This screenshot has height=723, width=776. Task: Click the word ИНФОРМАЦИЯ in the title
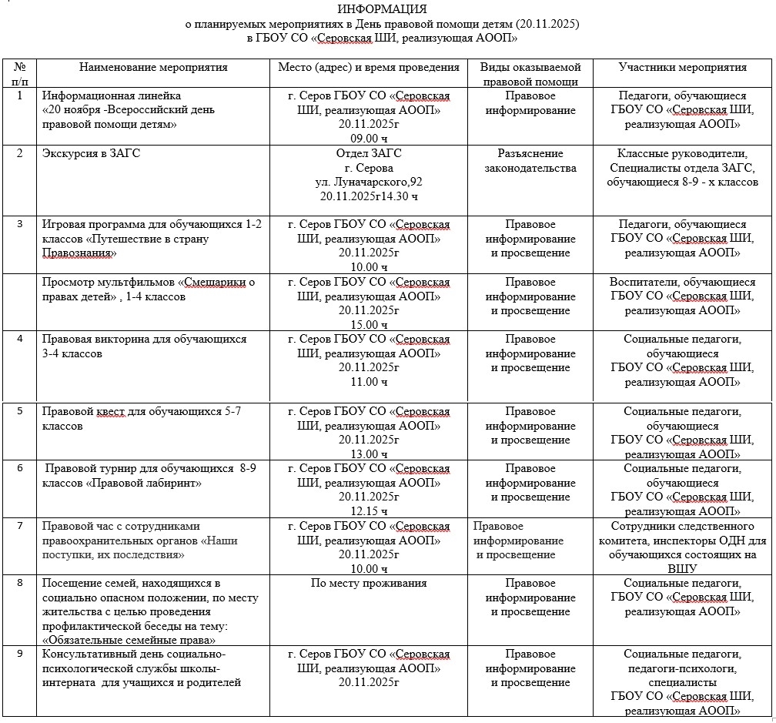tap(382, 9)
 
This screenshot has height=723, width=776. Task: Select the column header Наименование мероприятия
tap(154, 67)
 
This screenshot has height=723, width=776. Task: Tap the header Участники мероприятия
tap(683, 67)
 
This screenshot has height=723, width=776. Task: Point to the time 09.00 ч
tap(369, 139)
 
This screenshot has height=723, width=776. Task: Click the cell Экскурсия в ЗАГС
tap(91, 153)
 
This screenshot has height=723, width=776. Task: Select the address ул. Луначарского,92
tap(369, 182)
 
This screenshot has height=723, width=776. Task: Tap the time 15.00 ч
tap(369, 325)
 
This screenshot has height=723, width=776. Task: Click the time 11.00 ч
tap(369, 382)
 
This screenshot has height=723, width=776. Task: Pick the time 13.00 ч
tap(369, 454)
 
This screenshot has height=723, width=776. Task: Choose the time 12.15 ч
tap(369, 511)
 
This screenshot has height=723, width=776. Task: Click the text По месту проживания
tap(369, 583)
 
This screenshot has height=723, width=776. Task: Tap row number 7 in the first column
tap(20, 526)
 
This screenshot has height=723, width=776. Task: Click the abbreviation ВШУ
tap(683, 569)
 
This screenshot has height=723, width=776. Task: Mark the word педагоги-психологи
tap(683, 668)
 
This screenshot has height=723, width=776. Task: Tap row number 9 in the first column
tap(20, 654)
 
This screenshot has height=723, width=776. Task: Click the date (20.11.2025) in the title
tap(547, 24)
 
